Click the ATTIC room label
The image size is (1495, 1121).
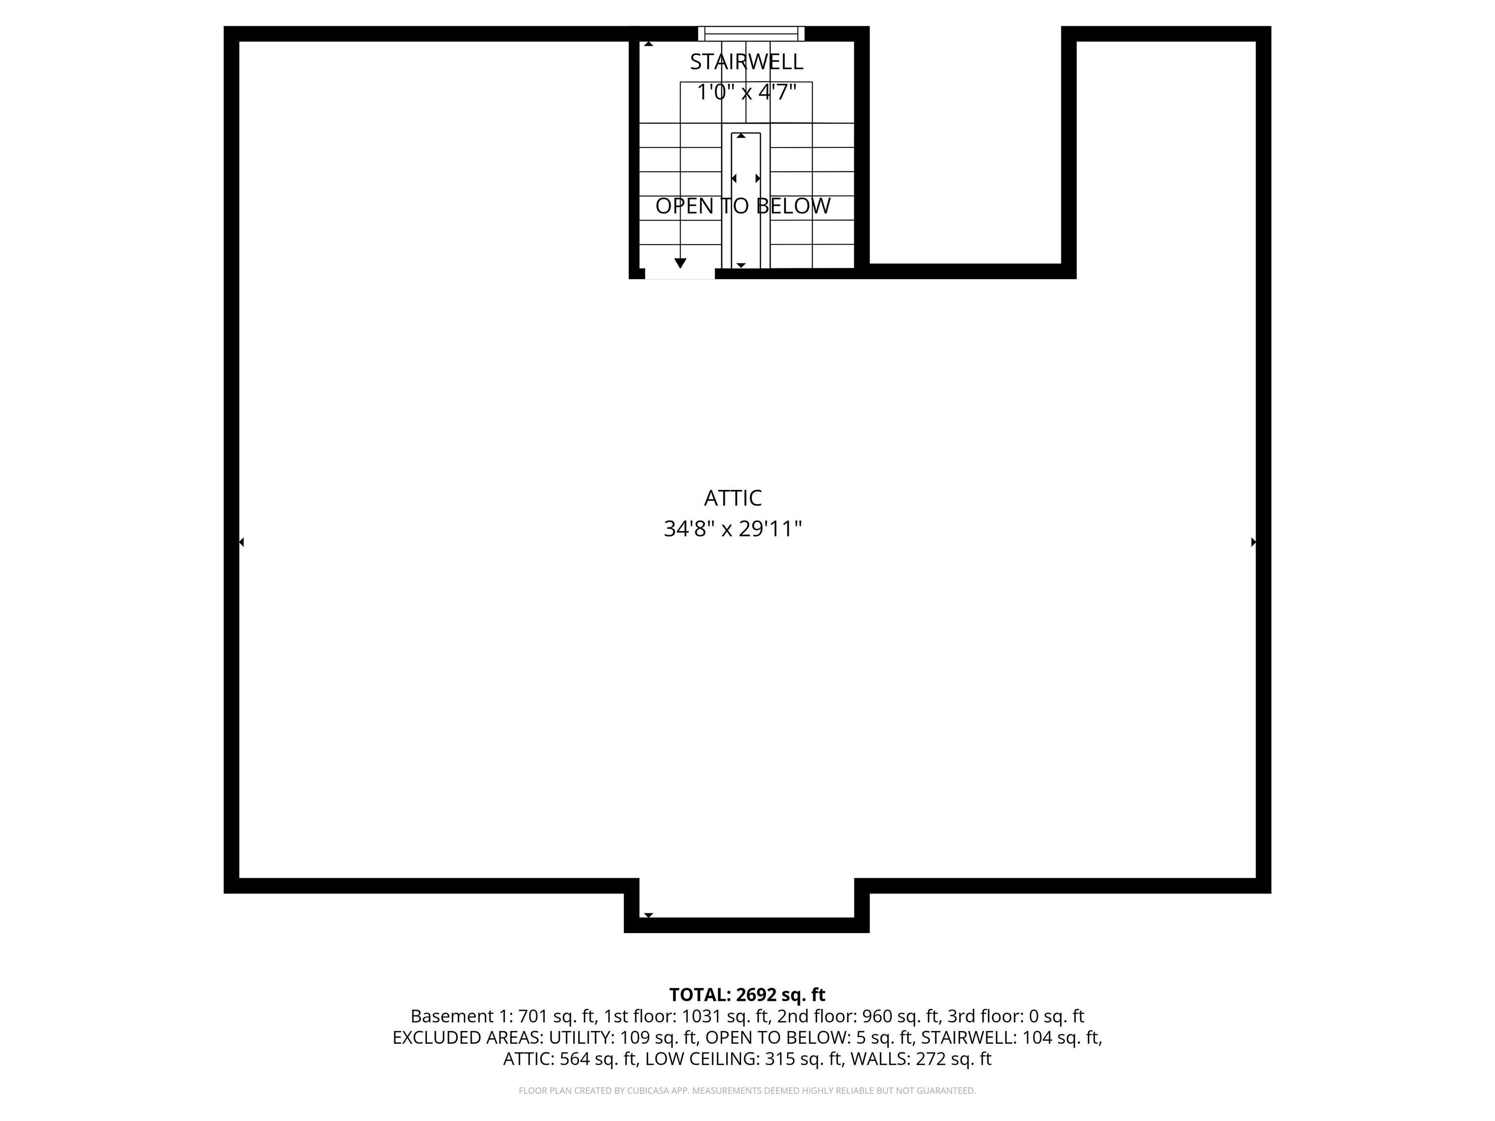pos(732,498)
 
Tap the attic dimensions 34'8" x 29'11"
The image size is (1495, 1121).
pos(732,528)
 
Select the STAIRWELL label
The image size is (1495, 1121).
pos(746,61)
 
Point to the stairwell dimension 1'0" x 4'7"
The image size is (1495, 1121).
pos(746,92)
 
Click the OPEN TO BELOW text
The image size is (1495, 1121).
pos(743,206)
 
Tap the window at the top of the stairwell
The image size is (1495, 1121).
pos(751,33)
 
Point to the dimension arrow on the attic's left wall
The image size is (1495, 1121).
pos(242,542)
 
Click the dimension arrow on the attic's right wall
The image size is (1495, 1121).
pos(1254,542)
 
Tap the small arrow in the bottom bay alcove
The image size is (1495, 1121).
pos(648,915)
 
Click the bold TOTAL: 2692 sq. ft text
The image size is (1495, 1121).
pos(747,994)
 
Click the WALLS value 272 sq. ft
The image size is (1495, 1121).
pos(953,1059)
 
